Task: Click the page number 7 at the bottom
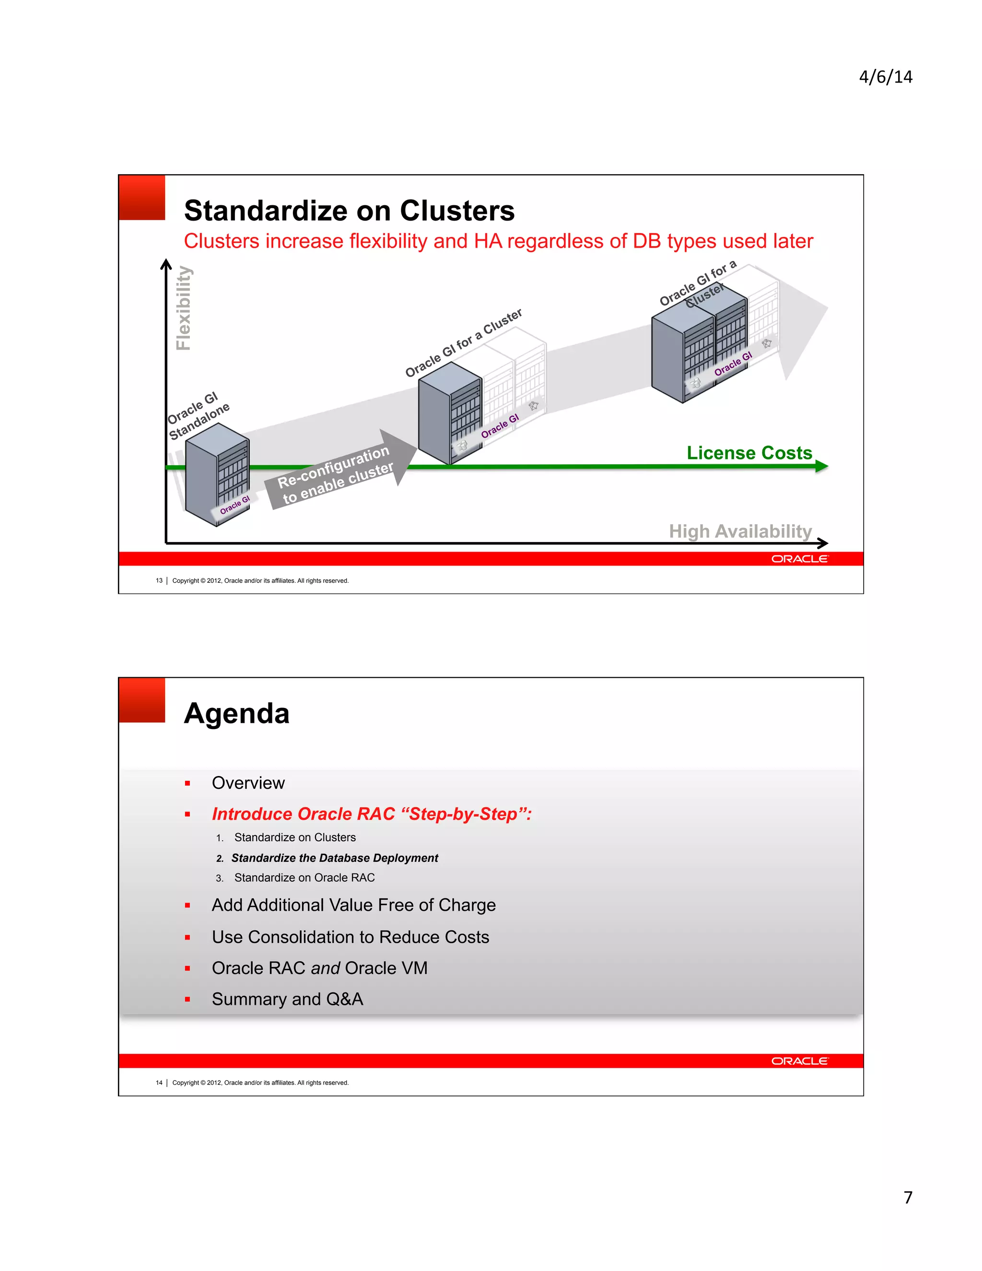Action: [908, 1197]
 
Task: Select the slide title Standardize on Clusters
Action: [349, 211]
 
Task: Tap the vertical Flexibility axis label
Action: [184, 308]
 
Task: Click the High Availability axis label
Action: [739, 531]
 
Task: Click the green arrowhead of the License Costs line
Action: [821, 466]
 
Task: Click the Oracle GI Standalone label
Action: [198, 415]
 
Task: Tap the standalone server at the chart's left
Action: [216, 474]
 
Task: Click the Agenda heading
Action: [236, 714]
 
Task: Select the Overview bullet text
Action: [248, 783]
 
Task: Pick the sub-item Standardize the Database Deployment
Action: [335, 858]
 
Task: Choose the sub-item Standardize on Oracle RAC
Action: [304, 878]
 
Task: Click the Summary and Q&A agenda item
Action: [287, 999]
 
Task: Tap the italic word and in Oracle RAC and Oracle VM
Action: [325, 968]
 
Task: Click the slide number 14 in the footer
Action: [159, 1083]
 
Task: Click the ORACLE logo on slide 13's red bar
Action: [799, 559]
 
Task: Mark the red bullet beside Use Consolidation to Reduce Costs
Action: [187, 938]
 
